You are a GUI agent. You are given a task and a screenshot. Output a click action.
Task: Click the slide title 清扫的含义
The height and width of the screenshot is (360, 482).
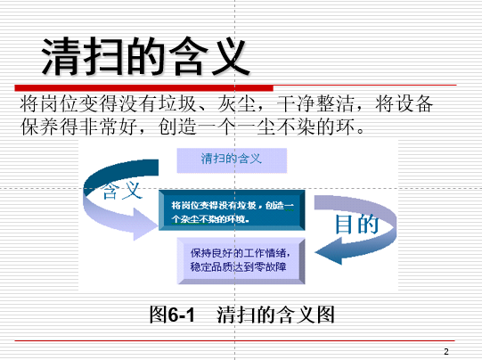pos(145,56)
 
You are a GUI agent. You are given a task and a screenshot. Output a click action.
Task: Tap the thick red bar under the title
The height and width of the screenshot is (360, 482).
pos(143,88)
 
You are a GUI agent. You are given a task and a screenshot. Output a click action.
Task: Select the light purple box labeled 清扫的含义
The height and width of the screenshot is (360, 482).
pos(232,160)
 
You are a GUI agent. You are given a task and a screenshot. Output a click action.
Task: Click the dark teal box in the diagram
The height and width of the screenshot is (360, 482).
pos(232,210)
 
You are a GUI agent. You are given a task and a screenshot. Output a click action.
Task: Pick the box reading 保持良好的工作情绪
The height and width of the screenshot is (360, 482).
pos(241,261)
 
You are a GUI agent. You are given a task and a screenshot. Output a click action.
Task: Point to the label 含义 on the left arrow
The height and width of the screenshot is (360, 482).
pos(122,191)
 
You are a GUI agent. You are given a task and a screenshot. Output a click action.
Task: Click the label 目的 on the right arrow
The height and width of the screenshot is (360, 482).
pos(357,224)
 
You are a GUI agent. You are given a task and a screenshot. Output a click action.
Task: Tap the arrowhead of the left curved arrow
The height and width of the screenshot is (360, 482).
pos(144,224)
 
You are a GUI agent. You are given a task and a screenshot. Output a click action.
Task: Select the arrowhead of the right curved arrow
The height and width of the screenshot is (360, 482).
pos(328,251)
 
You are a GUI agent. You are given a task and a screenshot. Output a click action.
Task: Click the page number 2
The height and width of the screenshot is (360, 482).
pos(446,351)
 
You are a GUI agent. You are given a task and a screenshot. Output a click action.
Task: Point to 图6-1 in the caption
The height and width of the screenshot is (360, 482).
pos(172,315)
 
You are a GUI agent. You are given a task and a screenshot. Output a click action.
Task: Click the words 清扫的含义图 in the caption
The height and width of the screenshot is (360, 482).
pos(275,315)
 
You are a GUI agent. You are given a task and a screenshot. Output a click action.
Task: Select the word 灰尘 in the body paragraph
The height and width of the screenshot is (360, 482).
pos(236,103)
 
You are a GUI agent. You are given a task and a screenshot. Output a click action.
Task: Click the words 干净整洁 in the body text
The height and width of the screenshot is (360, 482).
pos(315,103)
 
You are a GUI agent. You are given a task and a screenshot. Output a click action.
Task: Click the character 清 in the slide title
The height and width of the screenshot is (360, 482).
pos(61,56)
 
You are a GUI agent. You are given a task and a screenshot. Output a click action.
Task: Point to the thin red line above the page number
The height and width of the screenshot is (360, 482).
pos(235,340)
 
